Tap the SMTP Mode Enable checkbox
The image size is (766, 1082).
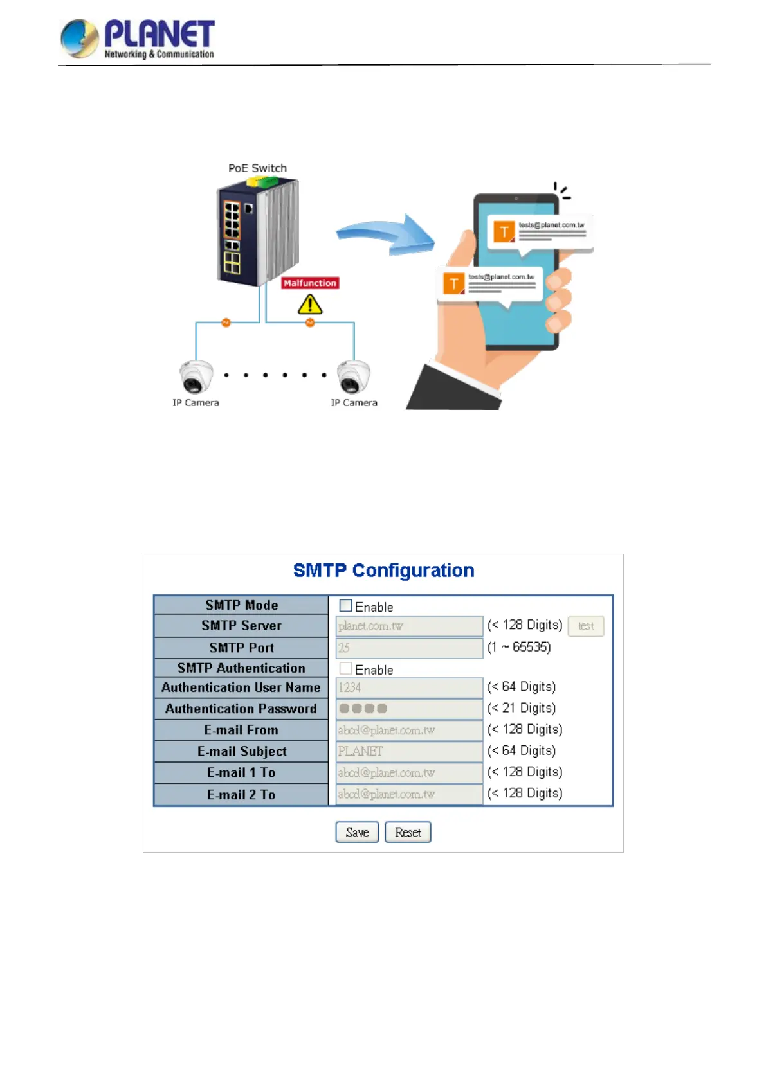click(346, 606)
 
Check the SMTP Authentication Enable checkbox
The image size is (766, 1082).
click(346, 668)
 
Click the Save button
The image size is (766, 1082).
click(357, 832)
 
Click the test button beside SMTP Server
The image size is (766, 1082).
click(585, 626)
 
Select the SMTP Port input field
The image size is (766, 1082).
click(409, 648)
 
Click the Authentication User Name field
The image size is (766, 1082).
click(409, 687)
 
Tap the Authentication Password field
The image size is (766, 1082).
click(409, 709)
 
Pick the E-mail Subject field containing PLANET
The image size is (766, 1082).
click(409, 751)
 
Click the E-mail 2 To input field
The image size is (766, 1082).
click(409, 794)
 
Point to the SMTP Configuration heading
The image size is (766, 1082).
click(383, 571)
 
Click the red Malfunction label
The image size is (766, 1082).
click(310, 283)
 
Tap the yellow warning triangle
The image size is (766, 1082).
click(310, 305)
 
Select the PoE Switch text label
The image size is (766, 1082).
click(257, 168)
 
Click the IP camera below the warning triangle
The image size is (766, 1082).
click(354, 377)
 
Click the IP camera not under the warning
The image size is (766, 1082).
click(196, 377)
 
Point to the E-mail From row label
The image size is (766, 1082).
click(241, 730)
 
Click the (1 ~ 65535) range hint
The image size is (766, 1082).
click(519, 647)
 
